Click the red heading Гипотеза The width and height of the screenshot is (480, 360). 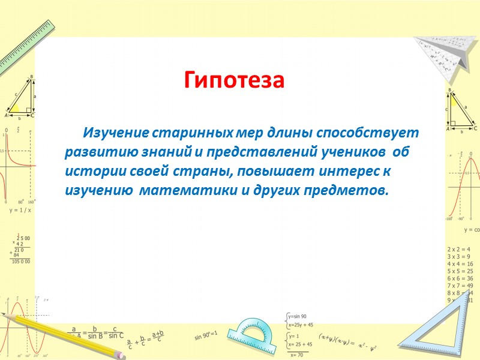pyautogui.click(x=233, y=80)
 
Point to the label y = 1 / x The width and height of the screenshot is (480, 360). pyautogui.click(x=20, y=211)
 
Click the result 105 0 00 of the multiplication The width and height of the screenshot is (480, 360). pyautogui.click(x=20, y=262)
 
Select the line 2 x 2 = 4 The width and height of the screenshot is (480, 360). pyautogui.click(x=459, y=248)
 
